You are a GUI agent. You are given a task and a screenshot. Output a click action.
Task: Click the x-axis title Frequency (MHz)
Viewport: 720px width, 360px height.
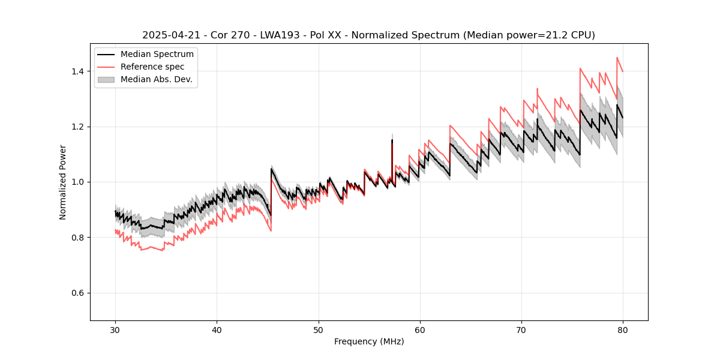[369, 341]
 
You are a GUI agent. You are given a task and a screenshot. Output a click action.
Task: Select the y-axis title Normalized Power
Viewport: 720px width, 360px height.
[63, 182]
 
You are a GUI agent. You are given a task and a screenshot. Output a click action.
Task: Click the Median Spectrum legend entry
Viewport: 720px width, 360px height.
[157, 55]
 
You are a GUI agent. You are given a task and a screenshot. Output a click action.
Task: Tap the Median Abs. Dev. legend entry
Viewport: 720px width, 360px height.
[156, 79]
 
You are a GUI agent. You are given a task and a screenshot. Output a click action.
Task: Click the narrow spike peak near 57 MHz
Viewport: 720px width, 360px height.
[392, 140]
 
